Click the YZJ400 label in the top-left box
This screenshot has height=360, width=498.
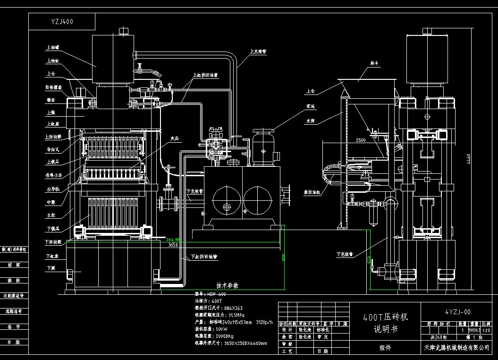pos(62,22)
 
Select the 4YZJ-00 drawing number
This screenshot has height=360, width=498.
pos(457,312)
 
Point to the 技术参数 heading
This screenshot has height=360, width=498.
pos(228,286)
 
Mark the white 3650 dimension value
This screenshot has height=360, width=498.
pos(173,245)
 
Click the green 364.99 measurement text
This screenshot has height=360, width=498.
pos(173,240)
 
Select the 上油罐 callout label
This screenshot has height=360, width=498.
pos(52,48)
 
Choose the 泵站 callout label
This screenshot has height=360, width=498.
pos(310,106)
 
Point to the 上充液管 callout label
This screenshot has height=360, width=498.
pos(258,51)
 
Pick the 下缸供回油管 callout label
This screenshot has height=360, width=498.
pos(204,257)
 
